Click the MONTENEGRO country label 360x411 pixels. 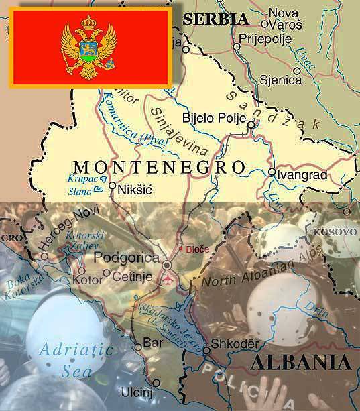[x=158, y=166]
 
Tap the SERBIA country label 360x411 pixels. [x=216, y=19]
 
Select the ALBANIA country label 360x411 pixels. [x=301, y=363]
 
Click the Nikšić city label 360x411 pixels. [x=134, y=190]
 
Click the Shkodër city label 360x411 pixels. [x=235, y=343]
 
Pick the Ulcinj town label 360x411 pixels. [x=136, y=391]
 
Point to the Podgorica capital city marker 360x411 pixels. [x=166, y=266]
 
